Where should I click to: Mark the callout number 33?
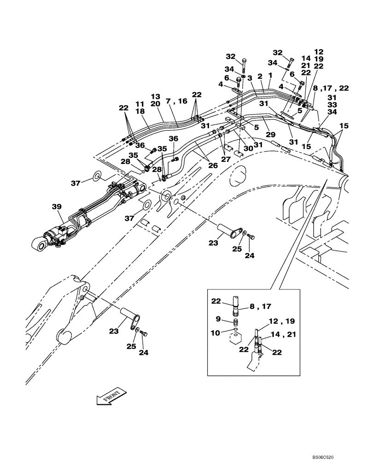332,104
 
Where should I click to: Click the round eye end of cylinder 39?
40,244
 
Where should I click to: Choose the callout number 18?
140,111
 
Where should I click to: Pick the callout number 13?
155,97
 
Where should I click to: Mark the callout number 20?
155,104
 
